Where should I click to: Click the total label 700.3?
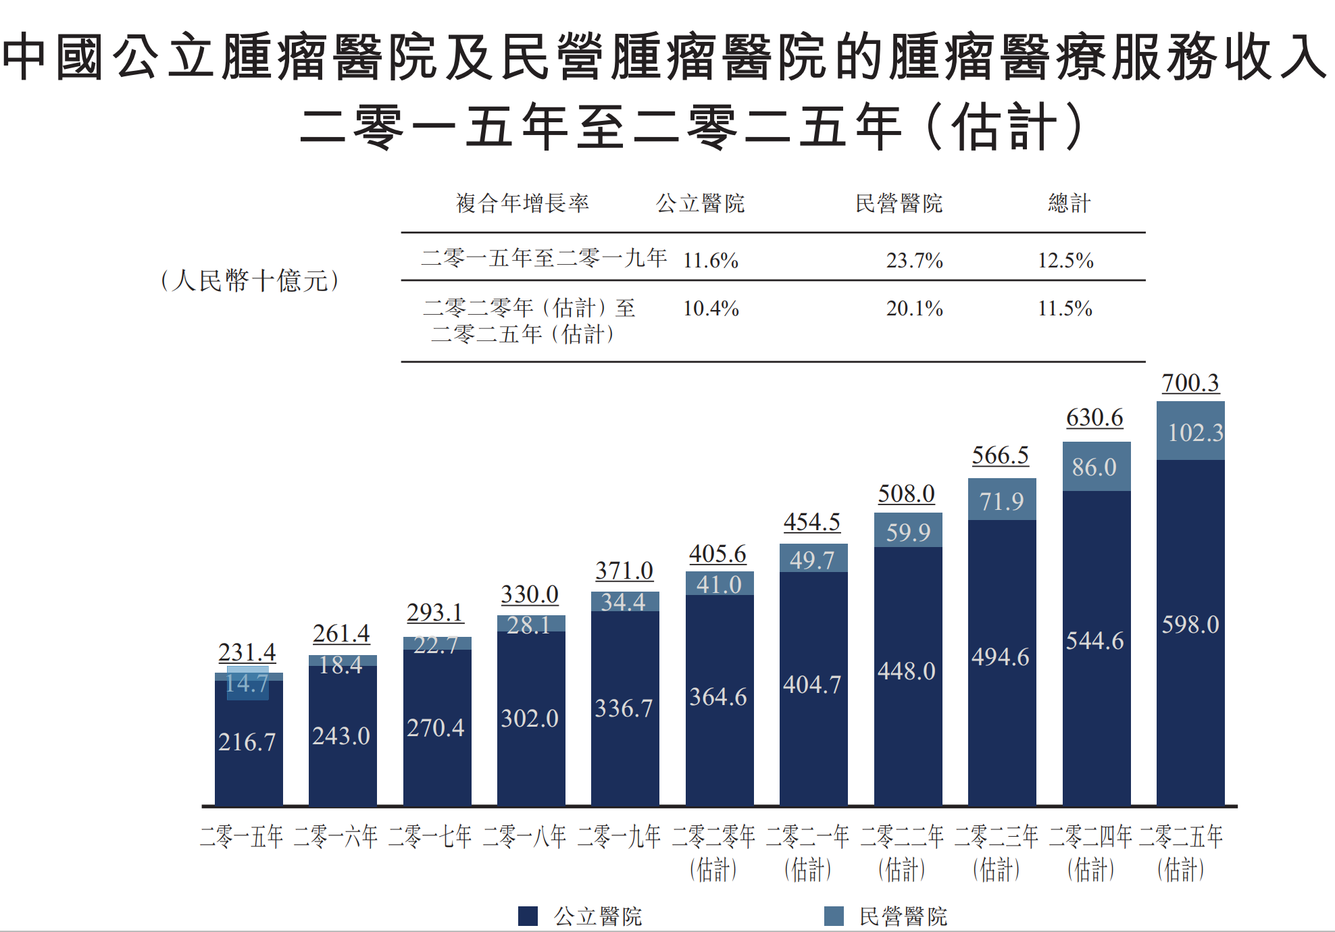pos(1190,383)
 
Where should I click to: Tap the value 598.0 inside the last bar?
pos(1190,625)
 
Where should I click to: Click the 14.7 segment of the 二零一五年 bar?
pos(247,683)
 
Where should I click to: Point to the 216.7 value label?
pos(247,742)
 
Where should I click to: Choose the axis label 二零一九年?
pos(619,837)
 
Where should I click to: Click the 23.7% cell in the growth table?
pos(914,260)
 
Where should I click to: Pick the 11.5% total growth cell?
pos(1065,309)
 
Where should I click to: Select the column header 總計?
pos(1069,203)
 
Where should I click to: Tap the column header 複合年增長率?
pos(522,203)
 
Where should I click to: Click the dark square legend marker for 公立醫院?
pos(528,916)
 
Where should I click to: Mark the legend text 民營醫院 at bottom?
pos(903,916)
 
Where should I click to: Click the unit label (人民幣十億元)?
pos(250,280)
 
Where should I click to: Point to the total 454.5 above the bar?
pos(812,522)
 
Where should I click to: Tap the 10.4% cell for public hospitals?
pos(711,309)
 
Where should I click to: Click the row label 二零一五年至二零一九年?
pos(544,257)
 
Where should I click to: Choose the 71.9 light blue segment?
pos(1001,501)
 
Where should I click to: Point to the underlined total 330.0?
pos(530,595)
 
